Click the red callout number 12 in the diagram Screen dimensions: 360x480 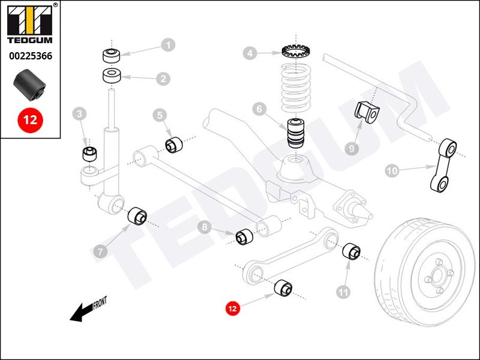click(x=233, y=308)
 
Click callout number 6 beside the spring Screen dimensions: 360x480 click(x=259, y=110)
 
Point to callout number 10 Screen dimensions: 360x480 click(x=391, y=171)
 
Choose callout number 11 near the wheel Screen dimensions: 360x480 click(x=343, y=292)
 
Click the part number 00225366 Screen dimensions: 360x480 click(x=30, y=56)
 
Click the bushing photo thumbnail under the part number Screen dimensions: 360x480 click(x=29, y=85)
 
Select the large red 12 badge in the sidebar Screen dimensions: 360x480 click(x=30, y=119)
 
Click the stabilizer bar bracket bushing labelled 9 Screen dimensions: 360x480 click(x=365, y=113)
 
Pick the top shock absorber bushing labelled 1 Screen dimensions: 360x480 click(x=112, y=55)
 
